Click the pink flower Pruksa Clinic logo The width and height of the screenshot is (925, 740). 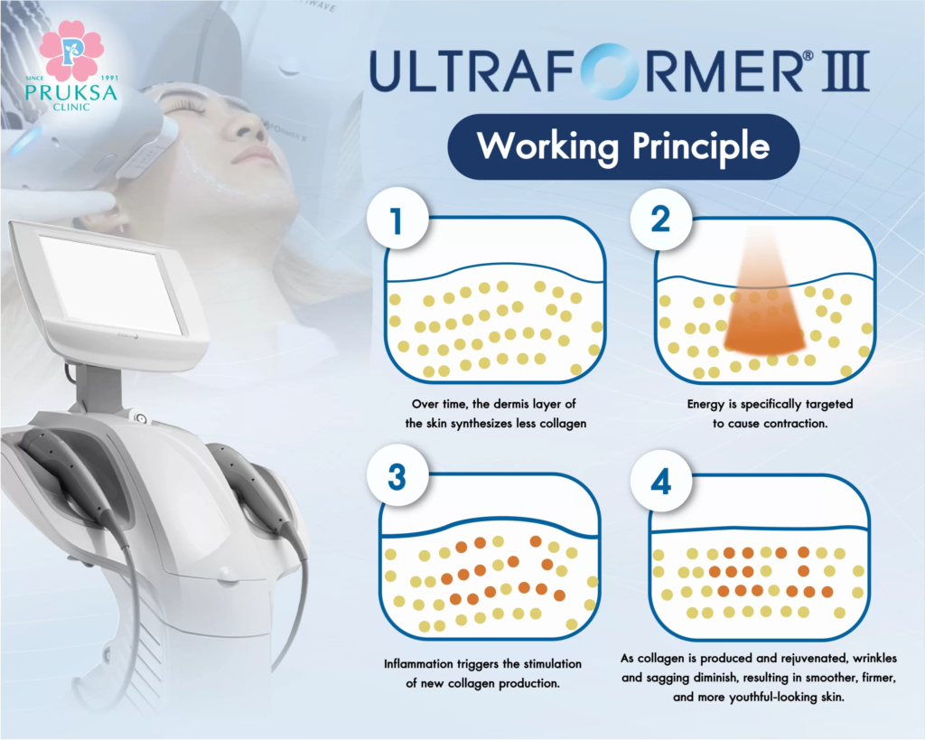pos(72,51)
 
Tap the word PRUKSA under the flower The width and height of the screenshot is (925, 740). pos(71,93)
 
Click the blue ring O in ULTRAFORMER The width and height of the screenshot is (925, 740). pos(610,70)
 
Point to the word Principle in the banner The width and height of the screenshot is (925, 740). pos(701,145)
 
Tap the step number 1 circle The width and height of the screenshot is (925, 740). pos(397,220)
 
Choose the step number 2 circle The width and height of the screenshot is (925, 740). pos(660,220)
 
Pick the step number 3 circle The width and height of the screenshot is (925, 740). pos(397,477)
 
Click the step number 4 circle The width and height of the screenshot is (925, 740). pos(660,482)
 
